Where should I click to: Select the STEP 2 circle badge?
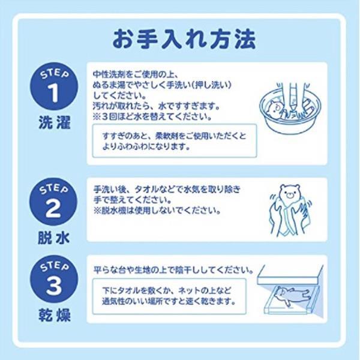55,201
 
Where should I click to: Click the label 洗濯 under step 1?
55,124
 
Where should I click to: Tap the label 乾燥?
55,316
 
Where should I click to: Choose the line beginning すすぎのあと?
175,136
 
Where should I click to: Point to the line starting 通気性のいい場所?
168,301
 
